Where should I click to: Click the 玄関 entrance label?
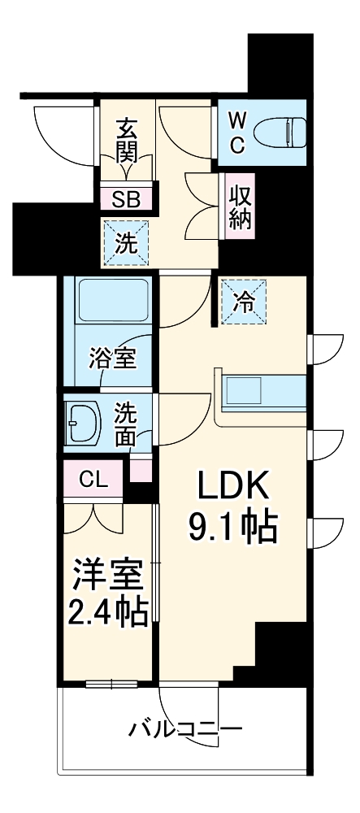coord(126,140)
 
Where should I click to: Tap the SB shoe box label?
coord(126,198)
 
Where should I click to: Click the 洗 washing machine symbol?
coord(126,242)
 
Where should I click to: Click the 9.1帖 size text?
coord(233,528)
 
